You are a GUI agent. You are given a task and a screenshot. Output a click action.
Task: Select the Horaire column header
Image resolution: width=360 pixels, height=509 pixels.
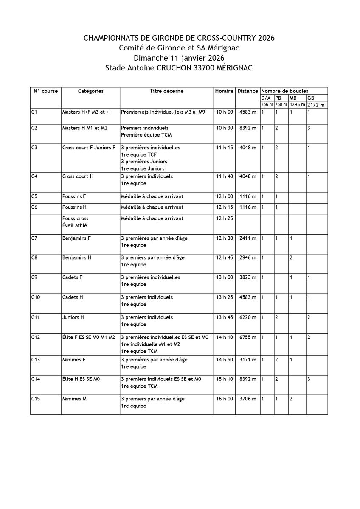click(x=224, y=91)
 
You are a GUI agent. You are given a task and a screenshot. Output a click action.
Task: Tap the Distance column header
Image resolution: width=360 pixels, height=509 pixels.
click(x=247, y=91)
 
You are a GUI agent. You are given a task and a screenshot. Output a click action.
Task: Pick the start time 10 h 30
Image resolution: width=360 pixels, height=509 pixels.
click(x=225, y=128)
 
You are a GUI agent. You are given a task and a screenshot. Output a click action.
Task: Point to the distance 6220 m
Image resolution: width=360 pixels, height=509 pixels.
click(x=247, y=317)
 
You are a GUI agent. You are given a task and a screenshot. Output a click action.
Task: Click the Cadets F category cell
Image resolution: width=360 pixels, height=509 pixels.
click(x=72, y=277)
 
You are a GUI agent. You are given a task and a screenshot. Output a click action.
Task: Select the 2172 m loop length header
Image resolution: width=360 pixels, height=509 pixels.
click(x=316, y=105)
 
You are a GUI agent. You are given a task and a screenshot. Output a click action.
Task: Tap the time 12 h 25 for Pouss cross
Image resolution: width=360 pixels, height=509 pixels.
click(x=225, y=218)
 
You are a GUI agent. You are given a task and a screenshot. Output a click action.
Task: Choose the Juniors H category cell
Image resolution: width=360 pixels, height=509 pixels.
click(x=73, y=317)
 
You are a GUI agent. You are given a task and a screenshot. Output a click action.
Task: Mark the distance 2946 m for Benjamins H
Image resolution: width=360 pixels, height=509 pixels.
click(x=247, y=258)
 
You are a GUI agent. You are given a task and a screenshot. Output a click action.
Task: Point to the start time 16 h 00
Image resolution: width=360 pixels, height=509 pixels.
click(x=225, y=399)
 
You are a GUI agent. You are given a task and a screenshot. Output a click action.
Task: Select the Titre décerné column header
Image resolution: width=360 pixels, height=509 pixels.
click(x=166, y=91)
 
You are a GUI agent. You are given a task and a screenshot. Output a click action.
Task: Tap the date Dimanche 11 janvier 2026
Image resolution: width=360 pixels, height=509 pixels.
click(x=179, y=58)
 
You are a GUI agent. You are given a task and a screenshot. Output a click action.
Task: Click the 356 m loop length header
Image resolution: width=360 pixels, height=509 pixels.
click(x=267, y=105)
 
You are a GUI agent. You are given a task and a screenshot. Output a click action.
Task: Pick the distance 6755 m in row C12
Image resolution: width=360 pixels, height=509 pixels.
click(x=247, y=338)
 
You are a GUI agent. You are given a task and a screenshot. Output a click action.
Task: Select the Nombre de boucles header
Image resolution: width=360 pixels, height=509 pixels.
click(x=284, y=91)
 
